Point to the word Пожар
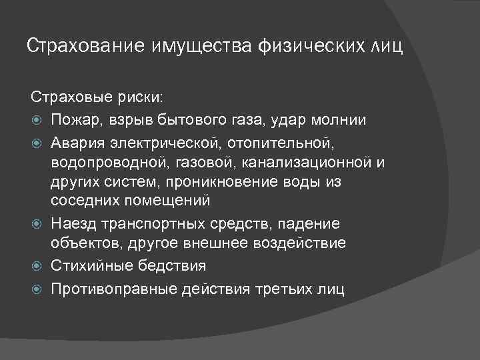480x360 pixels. pyautogui.click(x=74, y=121)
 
